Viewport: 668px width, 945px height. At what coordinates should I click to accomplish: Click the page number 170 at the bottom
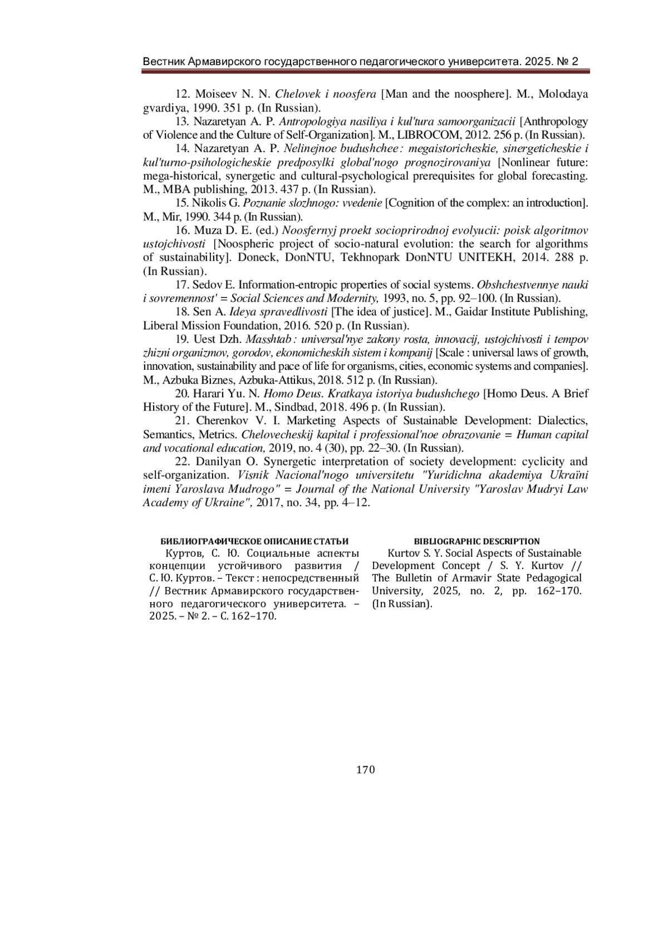365,770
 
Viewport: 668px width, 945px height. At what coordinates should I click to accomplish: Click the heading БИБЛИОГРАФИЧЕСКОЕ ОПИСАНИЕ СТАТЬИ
254,541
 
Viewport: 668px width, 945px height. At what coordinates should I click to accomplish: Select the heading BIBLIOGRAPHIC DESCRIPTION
477,541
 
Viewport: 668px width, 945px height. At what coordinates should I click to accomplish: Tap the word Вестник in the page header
163,61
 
